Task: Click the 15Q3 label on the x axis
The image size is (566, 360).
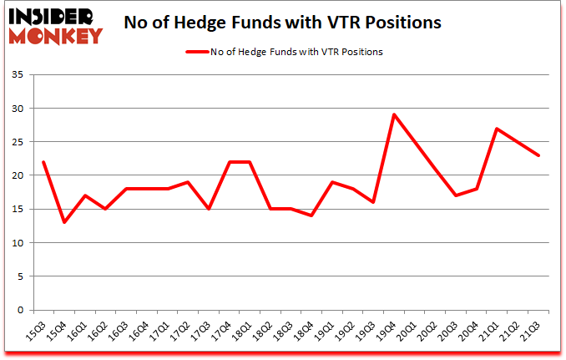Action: (38, 332)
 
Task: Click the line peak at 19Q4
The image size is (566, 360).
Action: (394, 114)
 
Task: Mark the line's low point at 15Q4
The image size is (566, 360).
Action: (63, 222)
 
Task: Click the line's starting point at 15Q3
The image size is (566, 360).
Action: (43, 162)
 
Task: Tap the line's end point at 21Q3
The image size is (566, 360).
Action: (539, 155)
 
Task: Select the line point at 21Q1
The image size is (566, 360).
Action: (498, 129)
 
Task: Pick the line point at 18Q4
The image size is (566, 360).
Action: (311, 215)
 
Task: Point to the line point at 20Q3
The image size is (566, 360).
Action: (456, 195)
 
